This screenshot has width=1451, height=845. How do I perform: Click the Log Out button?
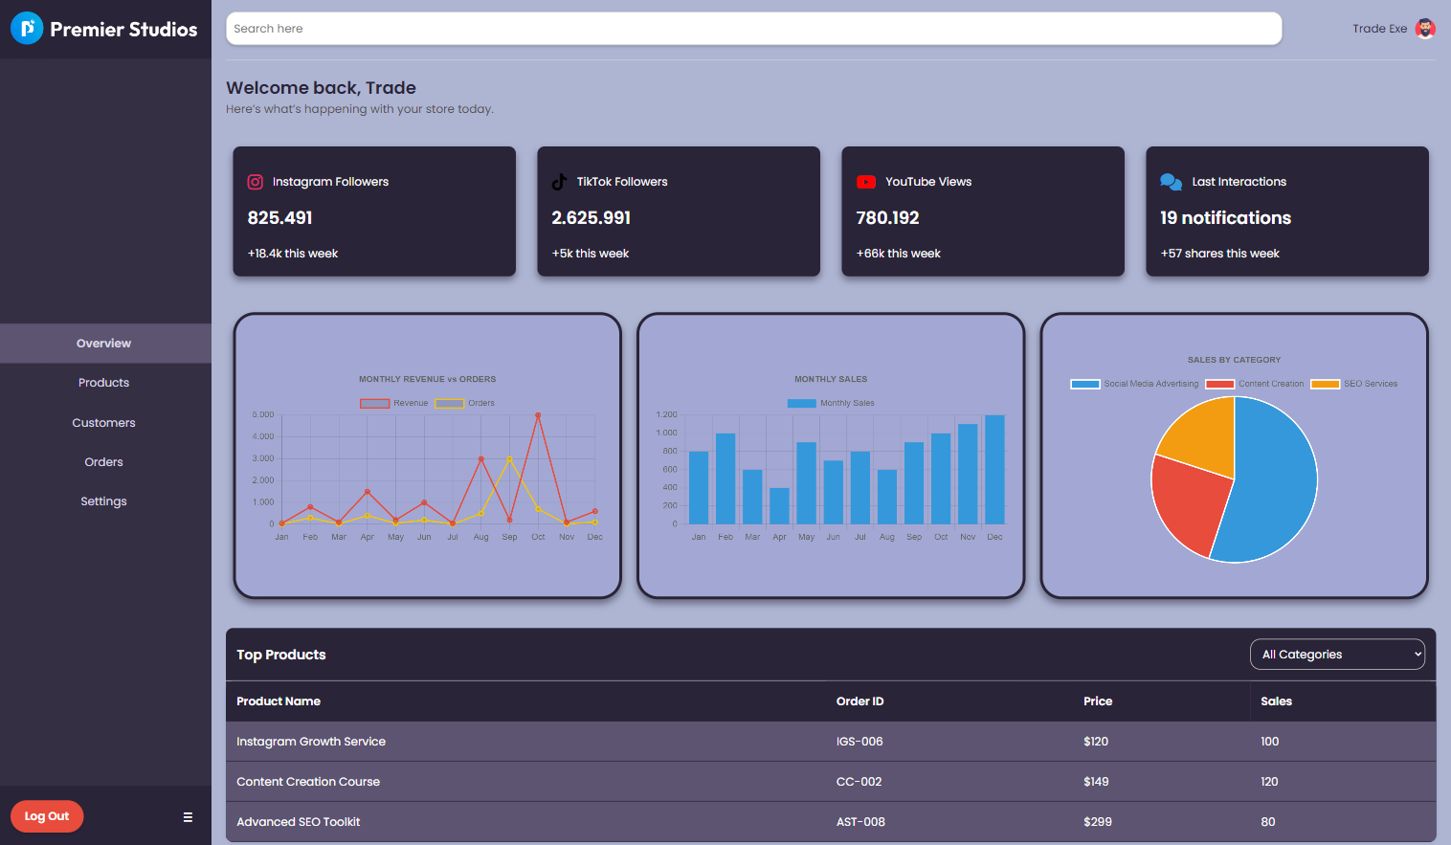(x=47, y=816)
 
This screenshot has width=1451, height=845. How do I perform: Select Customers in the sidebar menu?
(x=103, y=423)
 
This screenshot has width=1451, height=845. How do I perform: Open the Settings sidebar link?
(x=103, y=501)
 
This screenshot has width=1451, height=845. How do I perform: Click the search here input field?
(x=753, y=29)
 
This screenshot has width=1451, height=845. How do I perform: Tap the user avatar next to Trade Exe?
(x=1425, y=29)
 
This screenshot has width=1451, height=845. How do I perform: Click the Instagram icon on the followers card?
(x=256, y=182)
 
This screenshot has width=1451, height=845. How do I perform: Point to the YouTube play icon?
(x=866, y=182)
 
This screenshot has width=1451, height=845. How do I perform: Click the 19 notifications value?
(x=1225, y=218)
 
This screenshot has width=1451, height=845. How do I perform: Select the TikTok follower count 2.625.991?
(x=591, y=218)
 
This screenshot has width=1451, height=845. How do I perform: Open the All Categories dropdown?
(x=1337, y=655)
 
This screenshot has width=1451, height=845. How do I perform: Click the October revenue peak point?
(x=538, y=415)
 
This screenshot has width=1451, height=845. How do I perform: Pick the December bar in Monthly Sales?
(x=994, y=469)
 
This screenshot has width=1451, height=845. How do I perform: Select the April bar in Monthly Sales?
(x=779, y=506)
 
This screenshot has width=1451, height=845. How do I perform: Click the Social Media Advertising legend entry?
(x=1134, y=384)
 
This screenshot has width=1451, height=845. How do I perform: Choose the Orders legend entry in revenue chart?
(x=465, y=403)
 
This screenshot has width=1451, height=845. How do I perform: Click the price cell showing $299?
(x=1098, y=822)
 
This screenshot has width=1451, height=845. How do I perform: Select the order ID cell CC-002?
(x=859, y=782)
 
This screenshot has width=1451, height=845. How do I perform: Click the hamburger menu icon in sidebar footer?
(x=188, y=817)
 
